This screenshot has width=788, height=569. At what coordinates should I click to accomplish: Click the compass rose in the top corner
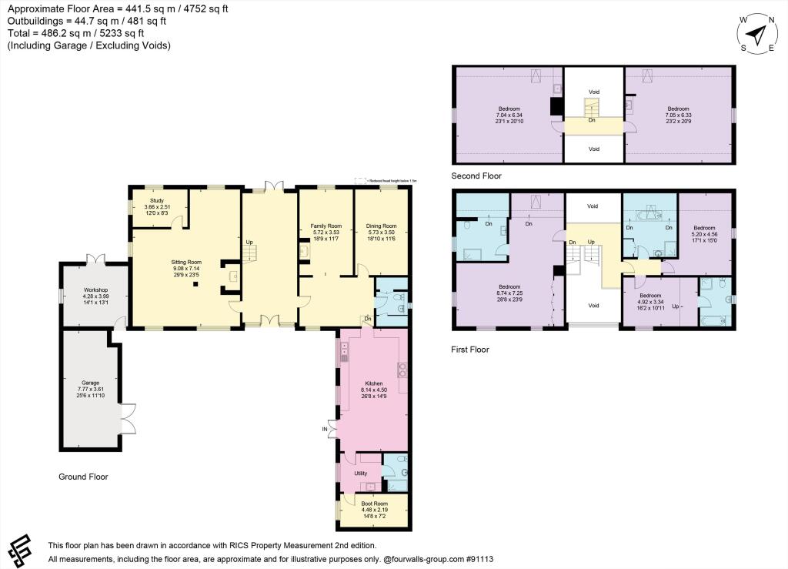pos(757,34)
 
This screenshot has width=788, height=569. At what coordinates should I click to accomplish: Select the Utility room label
pos(359,474)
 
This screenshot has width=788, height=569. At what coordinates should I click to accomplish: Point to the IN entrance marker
pos(325,429)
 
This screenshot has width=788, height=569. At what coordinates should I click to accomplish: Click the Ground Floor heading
pos(83,477)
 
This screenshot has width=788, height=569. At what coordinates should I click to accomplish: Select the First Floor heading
pos(469,349)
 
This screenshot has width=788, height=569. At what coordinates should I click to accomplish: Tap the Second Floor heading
pos(476,176)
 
